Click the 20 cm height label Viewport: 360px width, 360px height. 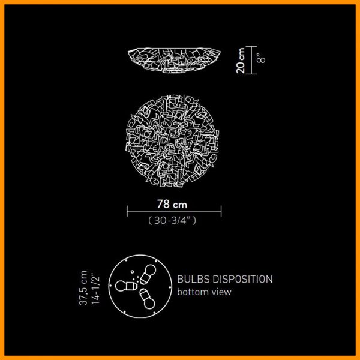pos(241,61)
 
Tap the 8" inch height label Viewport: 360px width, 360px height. pos(261,58)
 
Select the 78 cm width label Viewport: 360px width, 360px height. pos(172,204)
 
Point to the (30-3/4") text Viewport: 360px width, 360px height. pos(172,220)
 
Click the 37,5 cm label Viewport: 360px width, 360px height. pos(83,288)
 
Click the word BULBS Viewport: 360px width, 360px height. pos(193,279)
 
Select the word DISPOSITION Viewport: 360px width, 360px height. pos(242,279)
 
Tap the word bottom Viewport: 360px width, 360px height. pos(193,292)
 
